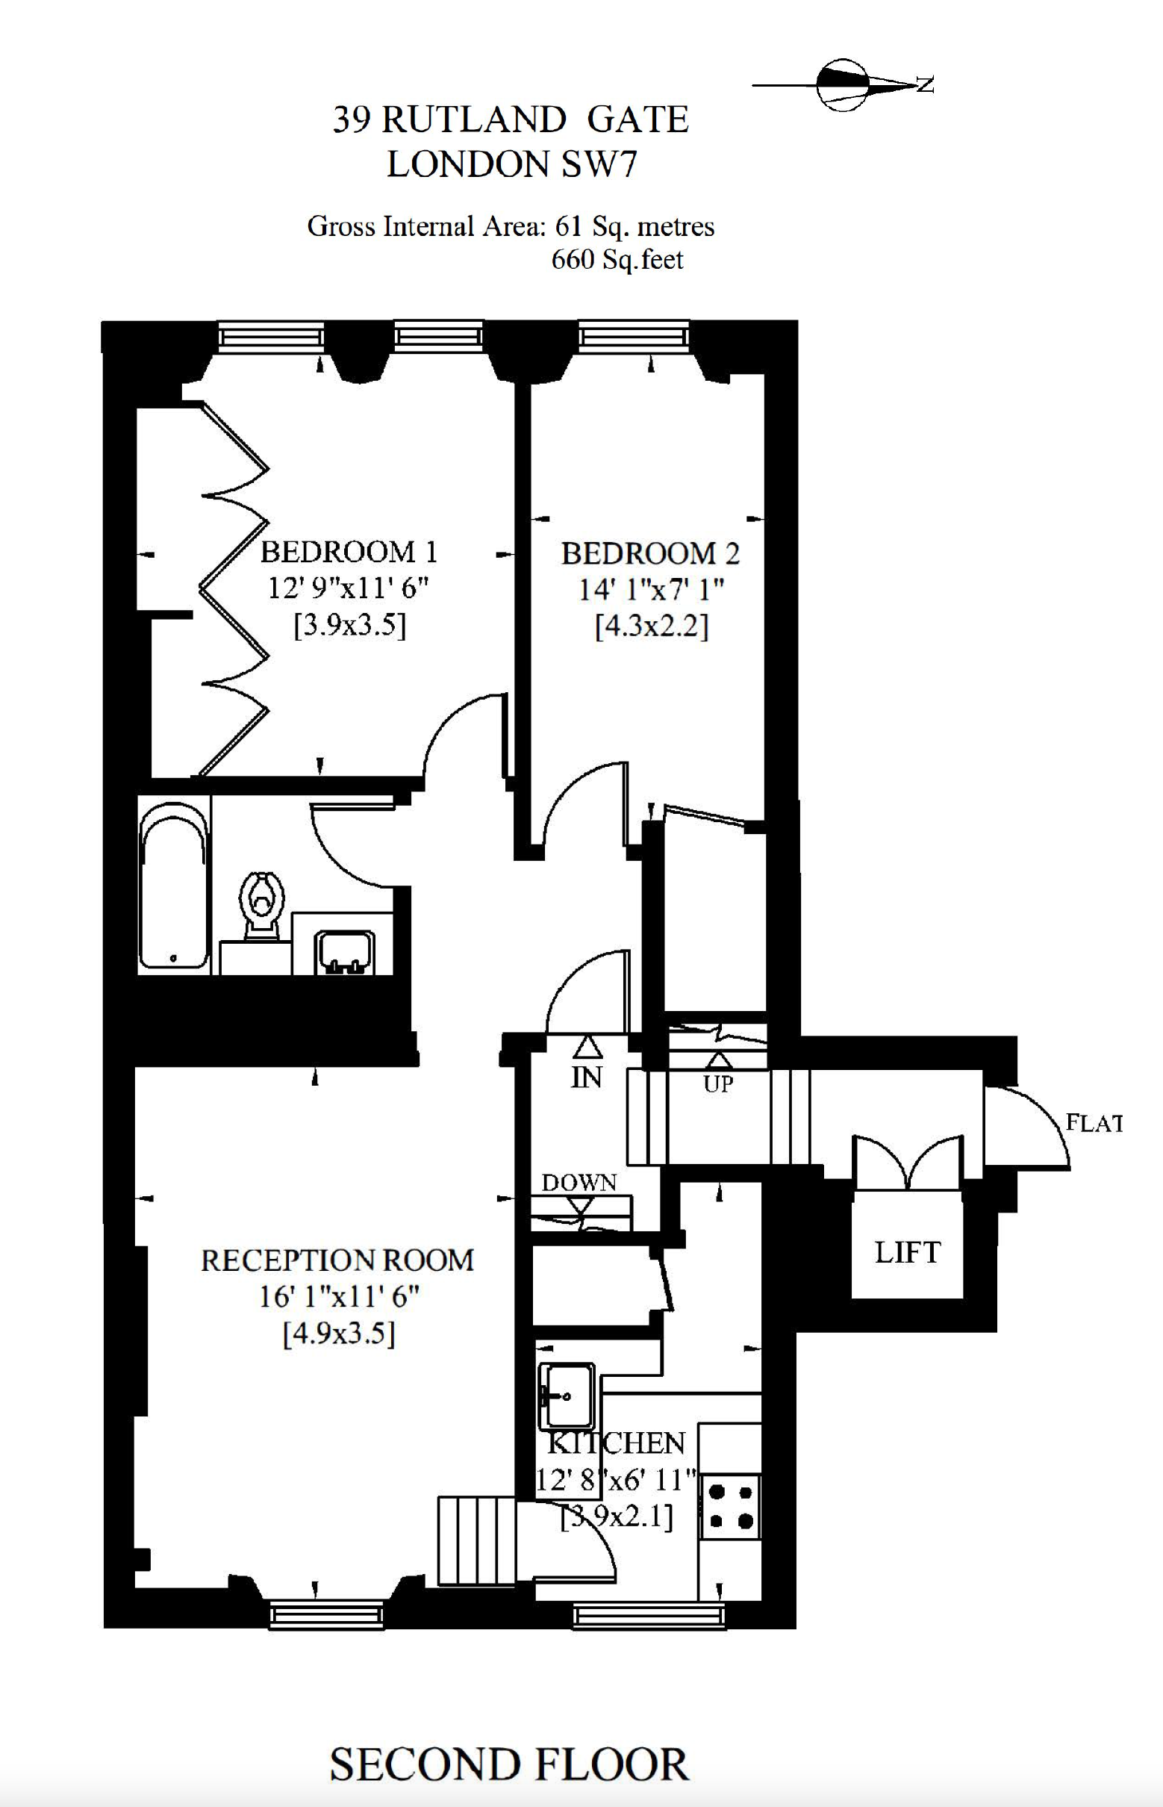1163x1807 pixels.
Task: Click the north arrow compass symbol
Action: pos(842,84)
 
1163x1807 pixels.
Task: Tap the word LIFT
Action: pos(907,1251)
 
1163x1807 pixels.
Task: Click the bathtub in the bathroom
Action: pos(173,885)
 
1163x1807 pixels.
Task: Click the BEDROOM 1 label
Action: pos(349,553)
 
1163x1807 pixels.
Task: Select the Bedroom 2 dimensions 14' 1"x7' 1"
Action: pos(651,589)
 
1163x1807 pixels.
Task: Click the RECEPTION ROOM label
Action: pos(337,1260)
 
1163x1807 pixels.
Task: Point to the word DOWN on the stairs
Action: pos(579,1182)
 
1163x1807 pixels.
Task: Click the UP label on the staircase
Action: pos(717,1084)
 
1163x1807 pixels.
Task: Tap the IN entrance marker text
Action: pos(586,1077)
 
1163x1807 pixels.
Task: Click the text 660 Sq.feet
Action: pos(617,260)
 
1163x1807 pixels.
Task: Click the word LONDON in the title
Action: pos(467,164)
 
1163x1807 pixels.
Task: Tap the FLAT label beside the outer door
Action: pos(1094,1123)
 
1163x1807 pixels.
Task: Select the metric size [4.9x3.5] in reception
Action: pos(339,1334)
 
